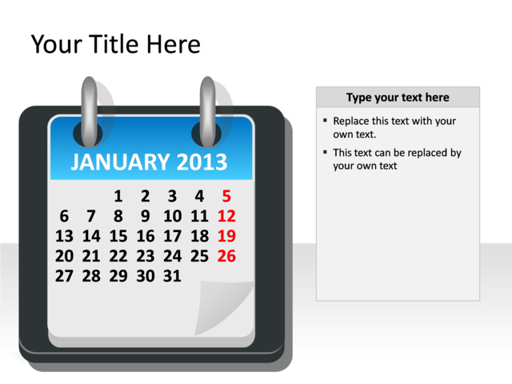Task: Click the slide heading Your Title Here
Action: pyautogui.click(x=115, y=45)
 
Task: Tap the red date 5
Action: pyautogui.click(x=226, y=196)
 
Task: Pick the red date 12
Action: pyautogui.click(x=226, y=216)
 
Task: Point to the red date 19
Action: pyautogui.click(x=226, y=236)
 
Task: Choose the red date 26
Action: pyautogui.click(x=226, y=256)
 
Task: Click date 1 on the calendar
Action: pyautogui.click(x=118, y=196)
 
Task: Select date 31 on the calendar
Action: pyautogui.click(x=172, y=276)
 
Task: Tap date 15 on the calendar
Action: pyautogui.click(x=118, y=236)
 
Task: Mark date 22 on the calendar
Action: pyautogui.click(x=118, y=256)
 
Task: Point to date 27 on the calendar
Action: pyautogui.click(x=64, y=276)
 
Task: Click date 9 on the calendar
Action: pyautogui.click(x=145, y=216)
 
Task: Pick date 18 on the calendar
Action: pyautogui.click(x=199, y=236)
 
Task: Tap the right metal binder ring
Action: pyautogui.click(x=207, y=108)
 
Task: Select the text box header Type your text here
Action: pyautogui.click(x=398, y=98)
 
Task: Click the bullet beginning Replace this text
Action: pyautogui.click(x=394, y=127)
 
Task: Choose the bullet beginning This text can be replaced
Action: pyautogui.click(x=396, y=159)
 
